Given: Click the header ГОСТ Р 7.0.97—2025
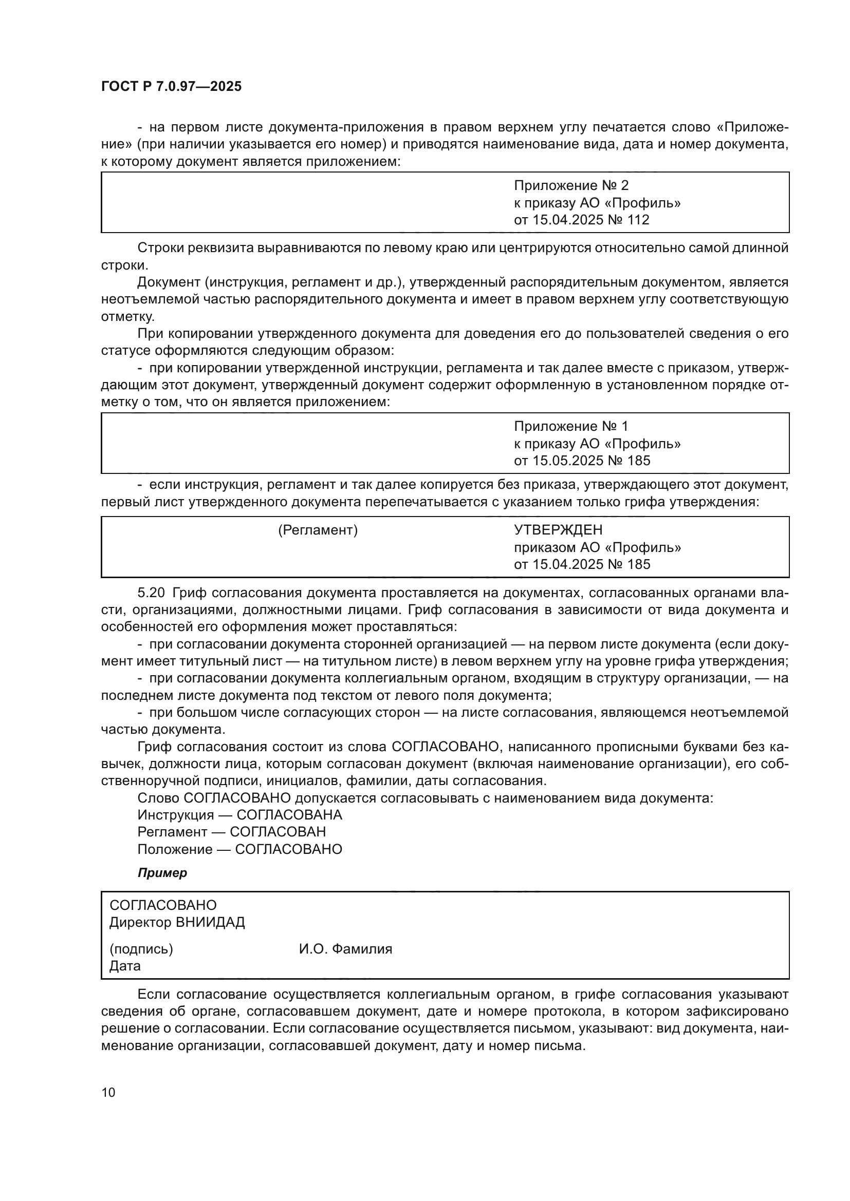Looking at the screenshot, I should click(171, 86).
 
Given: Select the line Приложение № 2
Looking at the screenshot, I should click(570, 185).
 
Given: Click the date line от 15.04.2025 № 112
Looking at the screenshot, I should click(581, 220).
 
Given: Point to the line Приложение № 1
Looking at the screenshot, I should click(570, 426).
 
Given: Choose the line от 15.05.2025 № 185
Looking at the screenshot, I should click(582, 461).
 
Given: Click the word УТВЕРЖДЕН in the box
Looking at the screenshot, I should click(558, 530).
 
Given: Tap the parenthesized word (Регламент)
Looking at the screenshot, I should click(318, 530).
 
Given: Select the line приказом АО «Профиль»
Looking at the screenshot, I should click(597, 548).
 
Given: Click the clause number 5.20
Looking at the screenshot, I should click(151, 593).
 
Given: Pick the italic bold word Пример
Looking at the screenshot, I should click(162, 873).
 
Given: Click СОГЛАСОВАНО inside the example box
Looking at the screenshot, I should click(163, 905).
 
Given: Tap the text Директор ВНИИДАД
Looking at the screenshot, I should click(177, 922).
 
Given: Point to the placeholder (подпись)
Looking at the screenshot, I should click(141, 949).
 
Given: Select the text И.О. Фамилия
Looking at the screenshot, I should click(345, 949).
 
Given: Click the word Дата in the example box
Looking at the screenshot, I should click(125, 966).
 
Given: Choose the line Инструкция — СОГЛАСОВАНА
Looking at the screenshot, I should click(239, 815).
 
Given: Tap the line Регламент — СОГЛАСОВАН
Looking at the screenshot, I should click(231, 832).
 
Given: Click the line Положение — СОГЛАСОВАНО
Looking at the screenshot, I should click(239, 849).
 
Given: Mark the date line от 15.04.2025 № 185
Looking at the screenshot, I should click(582, 564).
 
